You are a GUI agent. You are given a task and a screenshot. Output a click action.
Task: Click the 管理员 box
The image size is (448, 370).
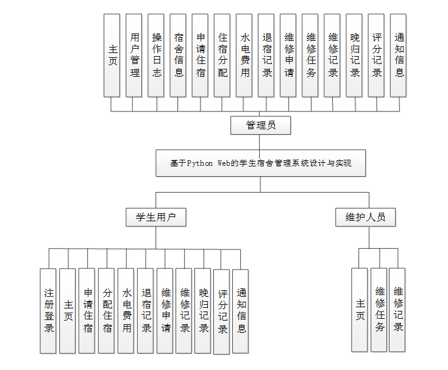pos(260,126)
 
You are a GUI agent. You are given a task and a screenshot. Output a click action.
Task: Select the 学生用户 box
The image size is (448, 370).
pos(155,217)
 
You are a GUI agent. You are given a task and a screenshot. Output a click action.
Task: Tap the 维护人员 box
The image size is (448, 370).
pos(366,217)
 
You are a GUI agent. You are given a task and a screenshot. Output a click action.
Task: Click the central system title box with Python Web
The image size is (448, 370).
pos(260,163)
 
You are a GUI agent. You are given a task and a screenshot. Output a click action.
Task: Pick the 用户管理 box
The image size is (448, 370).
pos(134,55)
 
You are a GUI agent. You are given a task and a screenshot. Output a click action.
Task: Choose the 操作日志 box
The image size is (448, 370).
pos(156,55)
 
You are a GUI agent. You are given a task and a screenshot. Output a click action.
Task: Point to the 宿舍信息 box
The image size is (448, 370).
pos(178,55)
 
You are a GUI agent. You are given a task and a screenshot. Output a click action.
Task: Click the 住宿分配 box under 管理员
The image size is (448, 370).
pos(222,55)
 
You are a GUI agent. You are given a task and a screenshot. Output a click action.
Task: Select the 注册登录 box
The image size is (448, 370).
pos(48,311)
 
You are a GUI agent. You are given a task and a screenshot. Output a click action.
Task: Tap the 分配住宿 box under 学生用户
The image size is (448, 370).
pos(107,311)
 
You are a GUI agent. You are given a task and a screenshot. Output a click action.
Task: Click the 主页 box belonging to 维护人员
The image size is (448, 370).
pos(360,310)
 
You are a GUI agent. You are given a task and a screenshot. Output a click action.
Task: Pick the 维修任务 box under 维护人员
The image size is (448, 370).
pos(379,310)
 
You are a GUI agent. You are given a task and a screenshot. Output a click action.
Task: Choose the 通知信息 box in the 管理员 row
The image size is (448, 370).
pos(399,55)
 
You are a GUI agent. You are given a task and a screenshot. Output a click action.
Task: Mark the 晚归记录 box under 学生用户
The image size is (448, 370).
pos(204,311)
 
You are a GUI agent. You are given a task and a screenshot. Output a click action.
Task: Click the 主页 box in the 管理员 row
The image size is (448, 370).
pos(112,55)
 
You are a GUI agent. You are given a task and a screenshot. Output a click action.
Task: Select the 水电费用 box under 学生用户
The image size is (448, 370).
pos(126,311)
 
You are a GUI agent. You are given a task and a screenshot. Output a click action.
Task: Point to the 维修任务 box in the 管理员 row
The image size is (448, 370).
pos(310,55)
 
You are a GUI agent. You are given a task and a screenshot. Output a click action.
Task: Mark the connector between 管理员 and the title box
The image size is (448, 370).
pos(260,142)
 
